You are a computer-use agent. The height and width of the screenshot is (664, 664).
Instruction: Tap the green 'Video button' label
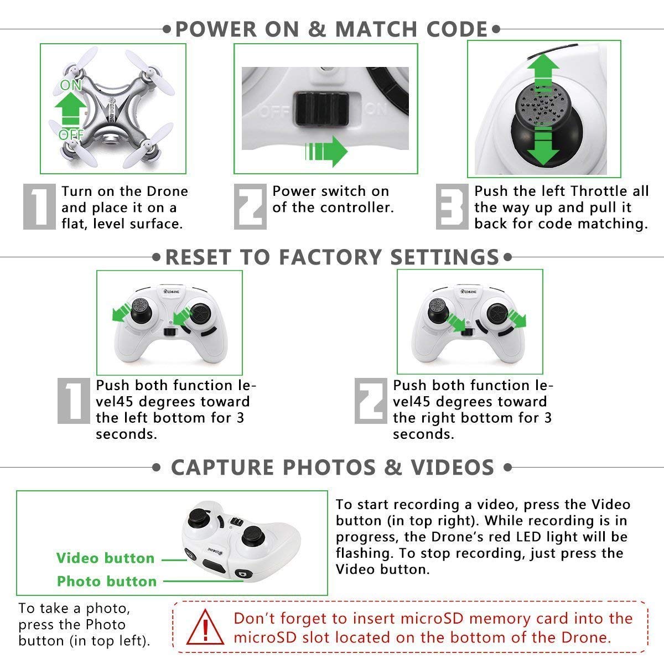105,558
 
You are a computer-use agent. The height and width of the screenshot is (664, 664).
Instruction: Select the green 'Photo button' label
107,581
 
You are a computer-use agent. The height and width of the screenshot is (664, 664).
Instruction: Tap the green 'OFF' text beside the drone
71,134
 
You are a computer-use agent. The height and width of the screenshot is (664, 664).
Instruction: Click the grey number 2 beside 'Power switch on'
250,206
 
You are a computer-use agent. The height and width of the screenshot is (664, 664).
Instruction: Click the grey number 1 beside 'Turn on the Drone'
40,206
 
